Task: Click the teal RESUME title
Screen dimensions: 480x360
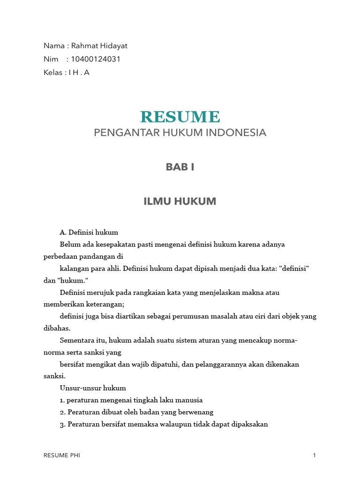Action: [x=180, y=116]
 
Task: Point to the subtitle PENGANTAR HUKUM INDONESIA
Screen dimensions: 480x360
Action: [x=180, y=133]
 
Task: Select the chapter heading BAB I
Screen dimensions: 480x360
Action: [x=180, y=167]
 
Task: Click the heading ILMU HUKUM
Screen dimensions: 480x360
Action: [x=180, y=202]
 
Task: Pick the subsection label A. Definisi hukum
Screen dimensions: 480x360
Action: [x=89, y=232]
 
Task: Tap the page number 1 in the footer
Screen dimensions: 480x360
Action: [x=315, y=455]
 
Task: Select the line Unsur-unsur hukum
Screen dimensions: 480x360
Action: [x=93, y=388]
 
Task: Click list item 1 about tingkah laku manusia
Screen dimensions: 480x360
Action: [x=131, y=400]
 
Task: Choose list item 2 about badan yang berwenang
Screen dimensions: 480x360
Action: [x=136, y=412]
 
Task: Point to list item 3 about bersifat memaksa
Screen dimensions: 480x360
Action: [x=164, y=424]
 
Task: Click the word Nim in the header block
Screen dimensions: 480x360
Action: [x=51, y=59]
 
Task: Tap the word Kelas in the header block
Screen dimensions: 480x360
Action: [x=52, y=73]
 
